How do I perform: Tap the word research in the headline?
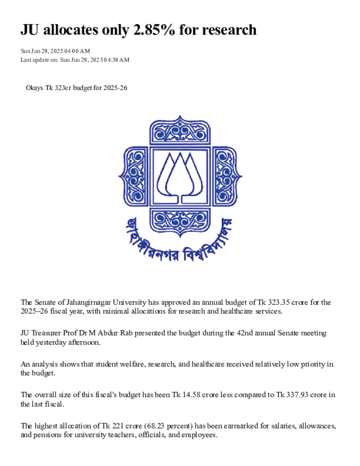pyautogui.click(x=229, y=30)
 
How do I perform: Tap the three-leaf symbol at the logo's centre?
pyautogui.click(x=180, y=176)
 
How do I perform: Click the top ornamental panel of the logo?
pyautogui.click(x=180, y=132)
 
